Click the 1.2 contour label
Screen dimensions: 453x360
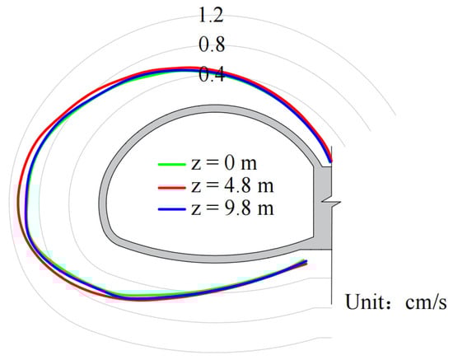click(x=211, y=16)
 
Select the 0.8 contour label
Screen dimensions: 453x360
click(x=212, y=44)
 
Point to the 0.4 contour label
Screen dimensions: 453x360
click(x=211, y=74)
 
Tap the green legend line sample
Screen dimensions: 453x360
click(x=171, y=165)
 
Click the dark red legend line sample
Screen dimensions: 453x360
click(x=171, y=188)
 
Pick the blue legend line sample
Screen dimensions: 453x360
click(x=171, y=208)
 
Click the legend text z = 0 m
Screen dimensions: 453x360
click(x=224, y=163)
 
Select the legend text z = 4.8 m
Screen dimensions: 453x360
click(x=232, y=186)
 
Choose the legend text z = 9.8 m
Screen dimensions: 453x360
click(x=232, y=208)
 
